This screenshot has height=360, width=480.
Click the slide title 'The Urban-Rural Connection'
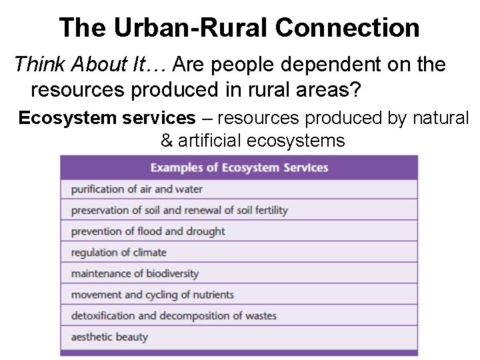239,28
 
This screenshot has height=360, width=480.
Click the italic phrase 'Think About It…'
92,65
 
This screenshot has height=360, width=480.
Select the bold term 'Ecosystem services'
107,118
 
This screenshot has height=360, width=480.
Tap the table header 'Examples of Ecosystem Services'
239,167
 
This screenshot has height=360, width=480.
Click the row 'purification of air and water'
137,189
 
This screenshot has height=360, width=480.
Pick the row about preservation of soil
179,210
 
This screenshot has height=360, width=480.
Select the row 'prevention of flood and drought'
148,231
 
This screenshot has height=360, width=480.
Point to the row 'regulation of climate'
119,253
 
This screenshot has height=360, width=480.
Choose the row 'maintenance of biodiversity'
135,274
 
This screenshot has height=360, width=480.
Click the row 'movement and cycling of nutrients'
152,295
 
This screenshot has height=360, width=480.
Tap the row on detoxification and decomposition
173,316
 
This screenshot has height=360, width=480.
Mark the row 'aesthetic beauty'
109,337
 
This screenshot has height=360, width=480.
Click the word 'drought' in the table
207,231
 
